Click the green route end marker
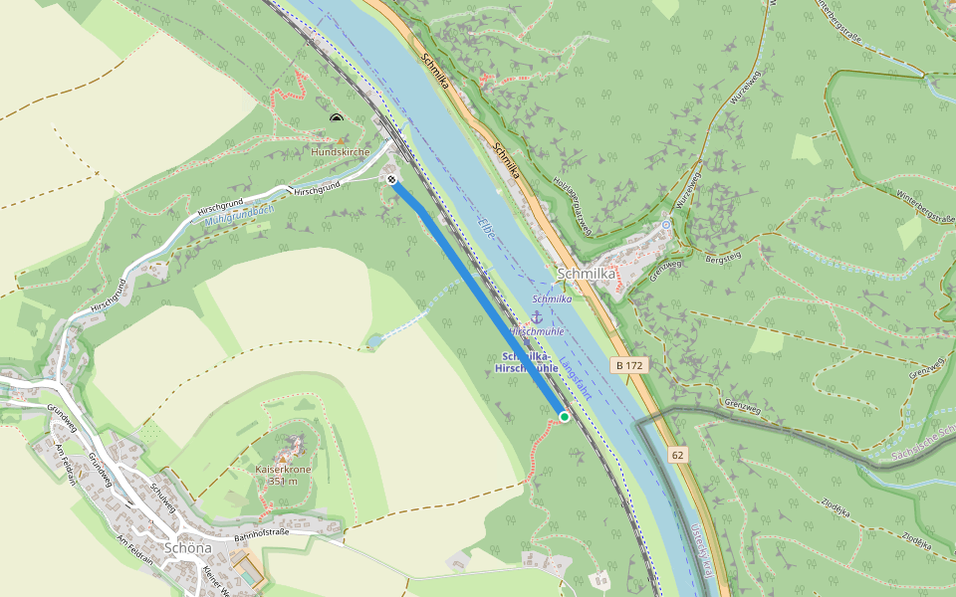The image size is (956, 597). point(565,417)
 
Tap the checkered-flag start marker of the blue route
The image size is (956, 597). point(392,180)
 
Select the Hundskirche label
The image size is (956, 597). point(341,152)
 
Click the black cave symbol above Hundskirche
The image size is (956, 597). point(337,118)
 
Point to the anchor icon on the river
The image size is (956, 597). point(535,315)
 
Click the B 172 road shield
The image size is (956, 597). point(629,366)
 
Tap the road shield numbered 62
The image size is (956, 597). point(678,456)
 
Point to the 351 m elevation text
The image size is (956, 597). point(284,481)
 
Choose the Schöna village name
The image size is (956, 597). point(187,547)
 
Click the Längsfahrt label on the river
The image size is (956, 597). point(576,379)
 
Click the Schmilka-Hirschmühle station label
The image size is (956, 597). point(528,362)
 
